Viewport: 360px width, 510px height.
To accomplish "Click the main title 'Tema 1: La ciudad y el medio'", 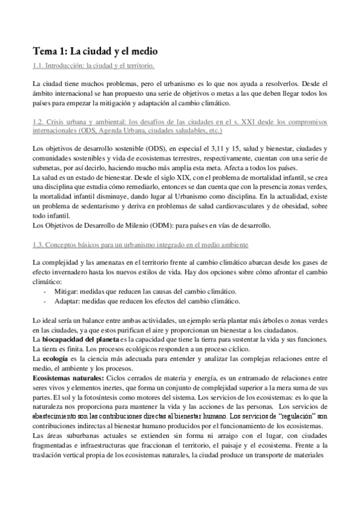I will click(95, 52).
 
